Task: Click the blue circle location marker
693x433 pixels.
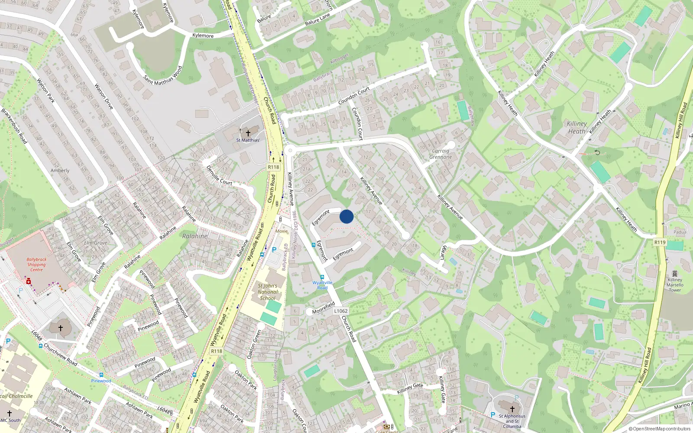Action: [x=346, y=216]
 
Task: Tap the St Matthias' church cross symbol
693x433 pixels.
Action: [x=248, y=133]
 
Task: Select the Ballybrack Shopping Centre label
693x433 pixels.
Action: [x=36, y=265]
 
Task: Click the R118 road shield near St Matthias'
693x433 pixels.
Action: [x=273, y=167]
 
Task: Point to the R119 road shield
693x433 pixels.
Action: [x=660, y=242]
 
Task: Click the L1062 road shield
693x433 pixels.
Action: [x=341, y=311]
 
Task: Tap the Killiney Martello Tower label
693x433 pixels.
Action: [x=675, y=285]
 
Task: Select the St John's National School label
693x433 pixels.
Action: [x=267, y=292]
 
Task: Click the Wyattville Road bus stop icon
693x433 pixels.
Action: [x=322, y=277]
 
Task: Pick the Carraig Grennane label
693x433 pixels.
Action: [x=440, y=154]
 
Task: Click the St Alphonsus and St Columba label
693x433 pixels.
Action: [x=512, y=421]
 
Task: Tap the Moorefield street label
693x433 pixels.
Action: [x=323, y=308]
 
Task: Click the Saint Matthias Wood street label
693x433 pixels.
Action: [x=163, y=75]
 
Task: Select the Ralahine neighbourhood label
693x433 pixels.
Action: [x=194, y=236]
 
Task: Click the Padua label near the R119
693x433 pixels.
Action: [x=680, y=232]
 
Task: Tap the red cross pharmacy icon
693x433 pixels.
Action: [x=29, y=281]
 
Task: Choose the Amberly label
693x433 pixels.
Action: [x=60, y=171]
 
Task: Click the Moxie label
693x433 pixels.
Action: [x=282, y=231]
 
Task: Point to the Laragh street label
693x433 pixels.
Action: [x=443, y=253]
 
